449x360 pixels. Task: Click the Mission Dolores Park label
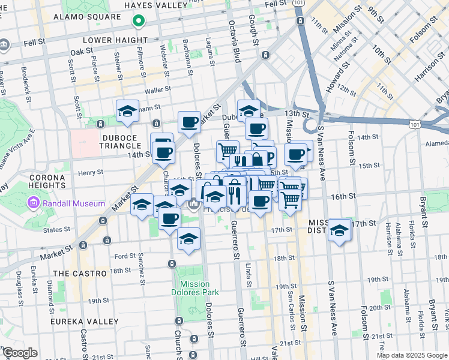(x=194, y=288)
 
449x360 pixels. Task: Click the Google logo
(x=20, y=353)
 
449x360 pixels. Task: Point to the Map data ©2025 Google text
(x=412, y=355)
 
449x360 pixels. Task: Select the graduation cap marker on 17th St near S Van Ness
(x=339, y=229)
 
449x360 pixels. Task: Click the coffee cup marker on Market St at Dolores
(x=190, y=122)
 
